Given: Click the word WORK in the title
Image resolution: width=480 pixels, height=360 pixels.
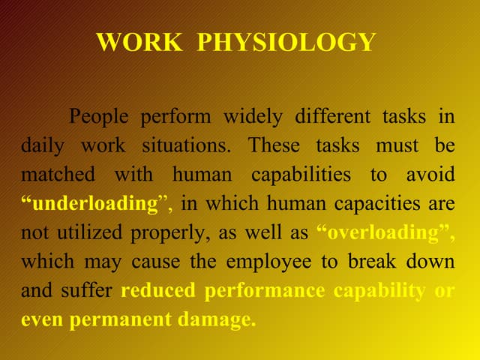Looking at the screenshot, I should tap(138, 42).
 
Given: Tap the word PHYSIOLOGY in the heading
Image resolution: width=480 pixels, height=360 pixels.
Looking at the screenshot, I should tap(286, 42).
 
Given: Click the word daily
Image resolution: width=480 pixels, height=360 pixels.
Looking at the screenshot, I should tap(41, 146).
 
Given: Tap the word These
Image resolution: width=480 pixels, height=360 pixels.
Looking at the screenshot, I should tap(274, 146).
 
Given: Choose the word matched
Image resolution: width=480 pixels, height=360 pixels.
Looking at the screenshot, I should tap(58, 175).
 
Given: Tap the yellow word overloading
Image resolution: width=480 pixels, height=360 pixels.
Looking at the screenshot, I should tap(387, 233).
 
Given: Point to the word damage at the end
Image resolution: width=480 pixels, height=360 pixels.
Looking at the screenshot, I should tap(217, 320).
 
